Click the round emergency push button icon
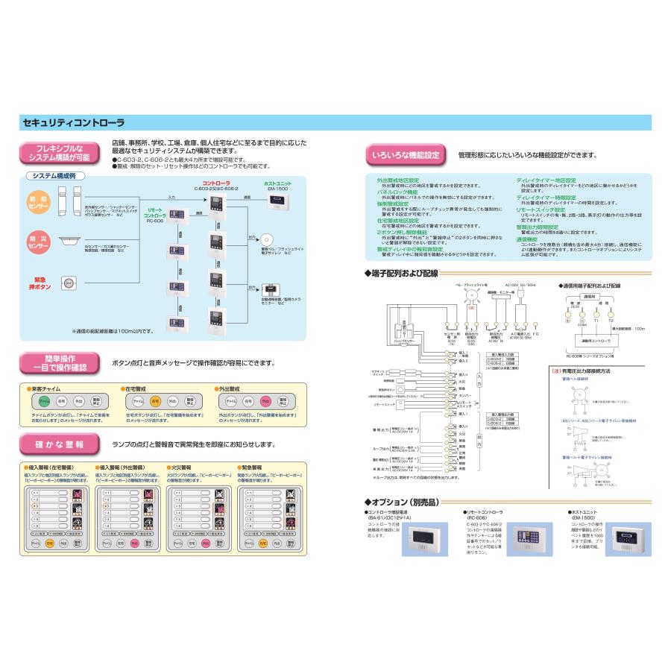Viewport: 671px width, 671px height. [69, 283]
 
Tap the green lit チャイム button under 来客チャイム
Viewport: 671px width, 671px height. [44, 400]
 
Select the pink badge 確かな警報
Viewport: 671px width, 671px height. [59, 444]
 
